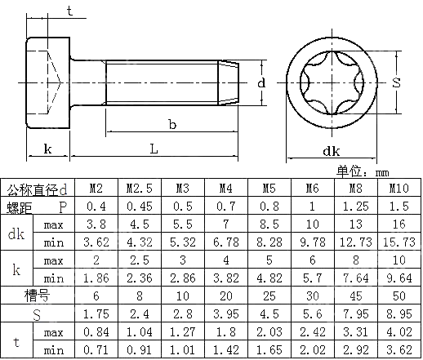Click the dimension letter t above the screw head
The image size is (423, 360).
[x=69, y=11]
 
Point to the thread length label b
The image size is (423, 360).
[x=171, y=125]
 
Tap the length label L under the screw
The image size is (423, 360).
[x=153, y=148]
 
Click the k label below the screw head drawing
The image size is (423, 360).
[x=48, y=149]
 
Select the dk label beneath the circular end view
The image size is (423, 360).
[x=331, y=151]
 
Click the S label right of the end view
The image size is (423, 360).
[x=396, y=82]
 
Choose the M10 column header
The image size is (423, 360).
[x=399, y=189]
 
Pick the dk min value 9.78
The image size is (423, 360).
[x=313, y=242]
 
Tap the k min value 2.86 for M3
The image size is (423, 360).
[x=183, y=278]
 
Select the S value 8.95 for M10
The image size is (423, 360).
[x=399, y=313]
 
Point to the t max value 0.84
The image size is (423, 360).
[x=96, y=332]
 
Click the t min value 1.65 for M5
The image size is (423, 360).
[x=269, y=350]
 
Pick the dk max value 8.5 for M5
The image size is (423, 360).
[x=269, y=224]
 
